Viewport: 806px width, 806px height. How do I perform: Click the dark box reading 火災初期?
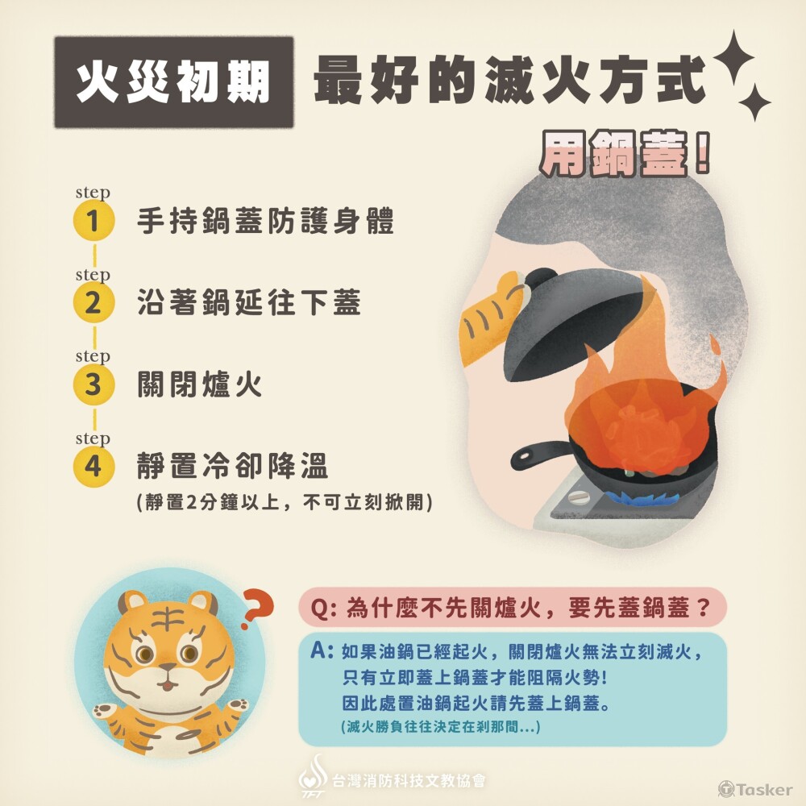click(x=173, y=82)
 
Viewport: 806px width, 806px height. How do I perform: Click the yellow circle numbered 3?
click(x=94, y=384)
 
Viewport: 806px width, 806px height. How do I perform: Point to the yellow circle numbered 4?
click(x=94, y=467)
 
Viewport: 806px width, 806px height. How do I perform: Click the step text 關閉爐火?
click(x=201, y=384)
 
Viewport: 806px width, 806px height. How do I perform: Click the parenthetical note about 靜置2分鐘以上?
click(x=286, y=502)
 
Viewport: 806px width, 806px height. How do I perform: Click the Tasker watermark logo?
click(x=755, y=789)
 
